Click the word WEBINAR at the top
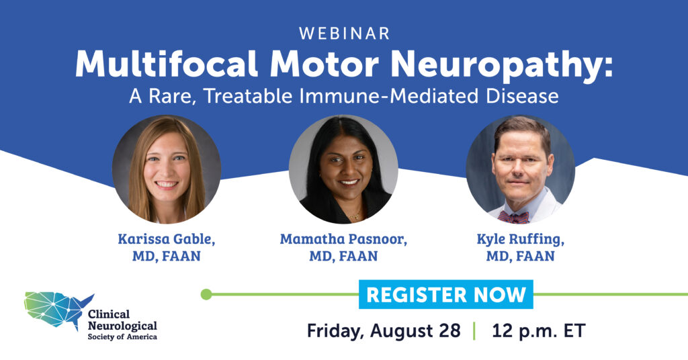click(x=345, y=34)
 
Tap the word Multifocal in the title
click(x=167, y=64)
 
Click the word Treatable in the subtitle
click(x=249, y=96)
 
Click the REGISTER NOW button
click(x=446, y=294)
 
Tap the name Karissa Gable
click(x=167, y=239)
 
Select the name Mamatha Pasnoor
click(x=343, y=239)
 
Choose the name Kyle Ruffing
click(x=521, y=239)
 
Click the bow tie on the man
click(x=513, y=217)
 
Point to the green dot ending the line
click(x=206, y=294)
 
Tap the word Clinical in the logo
click(x=109, y=314)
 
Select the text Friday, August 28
click(x=384, y=330)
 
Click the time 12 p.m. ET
click(x=538, y=330)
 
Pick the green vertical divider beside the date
click(x=474, y=331)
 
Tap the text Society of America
click(x=122, y=336)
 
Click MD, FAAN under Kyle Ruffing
click(x=521, y=256)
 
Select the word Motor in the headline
click(x=325, y=64)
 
